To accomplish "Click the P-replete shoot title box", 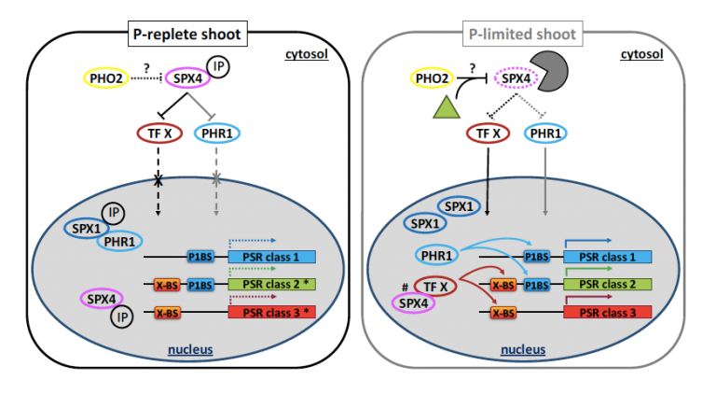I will [186, 35].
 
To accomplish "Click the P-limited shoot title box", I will [521, 35].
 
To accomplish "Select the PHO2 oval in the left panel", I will [105, 79].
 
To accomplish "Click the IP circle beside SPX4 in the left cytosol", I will [217, 66].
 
